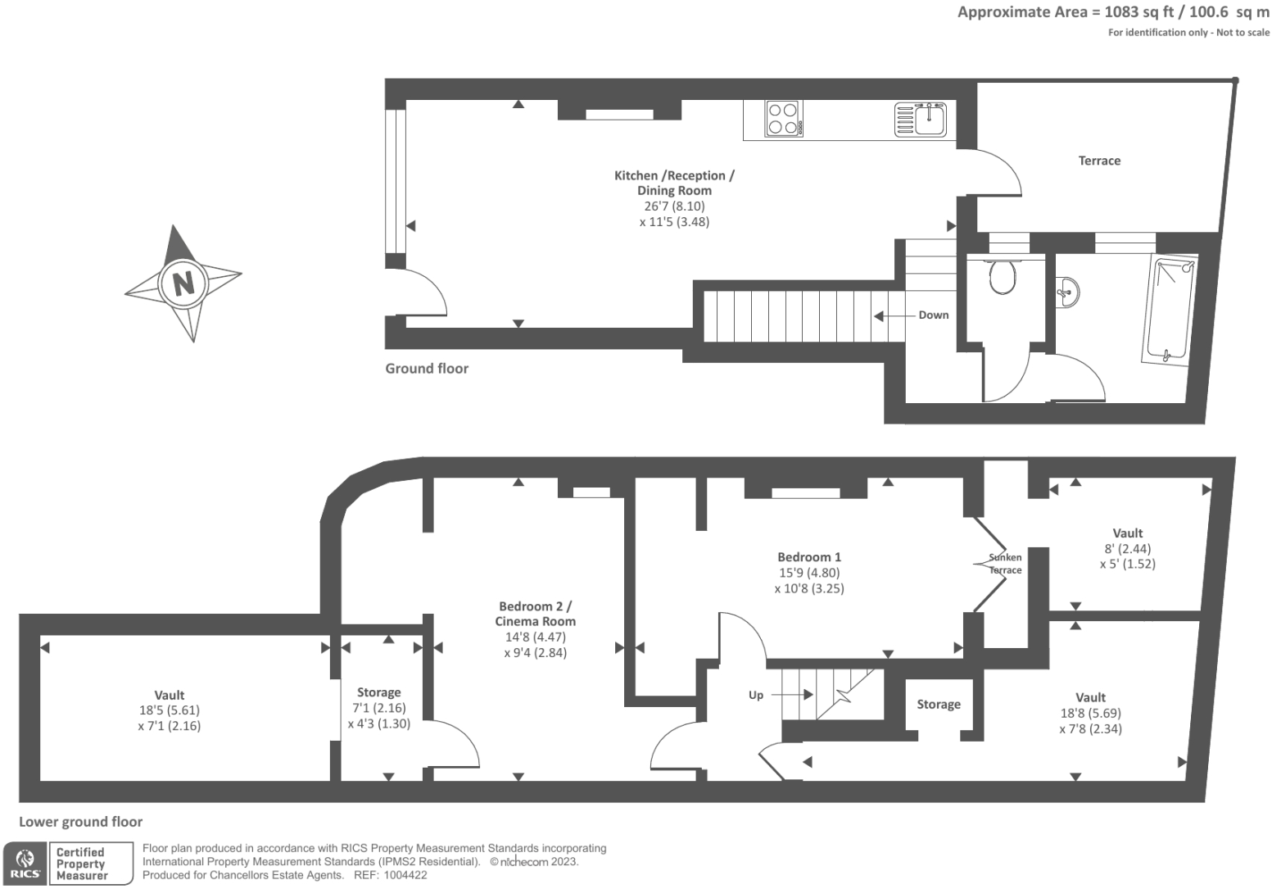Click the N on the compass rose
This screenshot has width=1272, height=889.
(x=183, y=283)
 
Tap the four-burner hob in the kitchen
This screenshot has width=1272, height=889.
(x=783, y=118)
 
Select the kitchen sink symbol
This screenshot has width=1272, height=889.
(x=921, y=119)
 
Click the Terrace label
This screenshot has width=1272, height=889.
(x=1099, y=161)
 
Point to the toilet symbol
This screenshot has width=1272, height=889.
(x=1003, y=277)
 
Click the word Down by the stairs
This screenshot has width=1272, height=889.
(x=933, y=315)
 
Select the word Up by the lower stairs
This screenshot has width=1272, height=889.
(x=755, y=695)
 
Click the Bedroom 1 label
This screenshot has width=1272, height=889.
(x=809, y=557)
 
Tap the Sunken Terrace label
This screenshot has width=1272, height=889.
(x=1005, y=564)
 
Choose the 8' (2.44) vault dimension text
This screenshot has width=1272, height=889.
(x=1128, y=549)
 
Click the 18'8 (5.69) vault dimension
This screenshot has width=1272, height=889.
(x=1090, y=714)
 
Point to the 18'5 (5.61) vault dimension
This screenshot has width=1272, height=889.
(x=170, y=710)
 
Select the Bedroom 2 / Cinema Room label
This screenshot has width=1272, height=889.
(x=536, y=614)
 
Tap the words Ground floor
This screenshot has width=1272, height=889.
(x=427, y=369)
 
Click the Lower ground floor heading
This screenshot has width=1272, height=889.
(x=80, y=822)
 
